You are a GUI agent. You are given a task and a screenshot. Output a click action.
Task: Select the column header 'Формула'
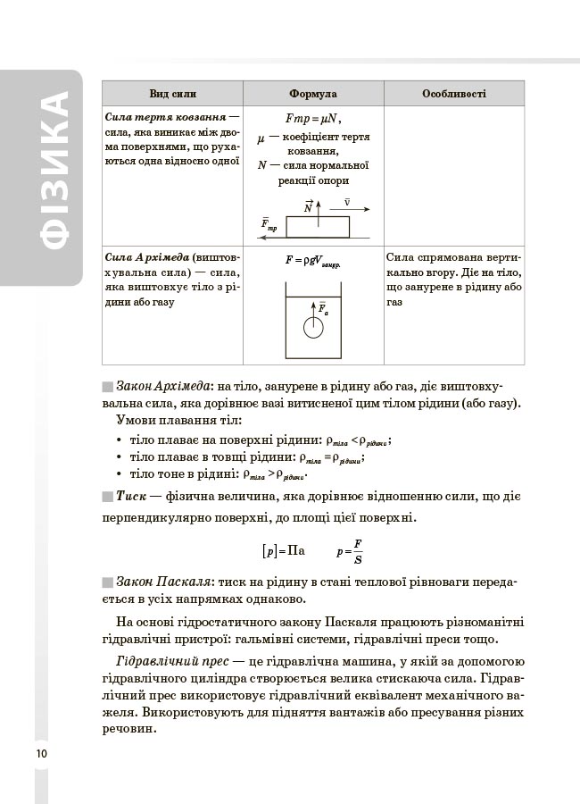(313, 94)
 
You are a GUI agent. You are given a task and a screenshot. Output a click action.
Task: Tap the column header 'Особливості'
(454, 94)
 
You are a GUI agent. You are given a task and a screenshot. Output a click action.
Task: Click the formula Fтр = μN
(313, 119)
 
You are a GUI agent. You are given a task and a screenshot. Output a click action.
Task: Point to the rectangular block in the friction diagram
(317, 225)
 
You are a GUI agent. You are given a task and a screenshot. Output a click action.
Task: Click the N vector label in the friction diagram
(309, 206)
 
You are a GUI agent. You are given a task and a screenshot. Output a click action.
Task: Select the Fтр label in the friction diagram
(269, 224)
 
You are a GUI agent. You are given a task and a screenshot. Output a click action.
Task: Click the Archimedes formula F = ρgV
(313, 260)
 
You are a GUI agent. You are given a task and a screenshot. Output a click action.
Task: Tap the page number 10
(41, 754)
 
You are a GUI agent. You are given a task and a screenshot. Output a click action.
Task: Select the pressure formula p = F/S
(349, 551)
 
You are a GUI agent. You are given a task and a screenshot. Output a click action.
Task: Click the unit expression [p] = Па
(285, 551)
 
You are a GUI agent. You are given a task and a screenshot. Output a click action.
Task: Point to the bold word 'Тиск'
(131, 496)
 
